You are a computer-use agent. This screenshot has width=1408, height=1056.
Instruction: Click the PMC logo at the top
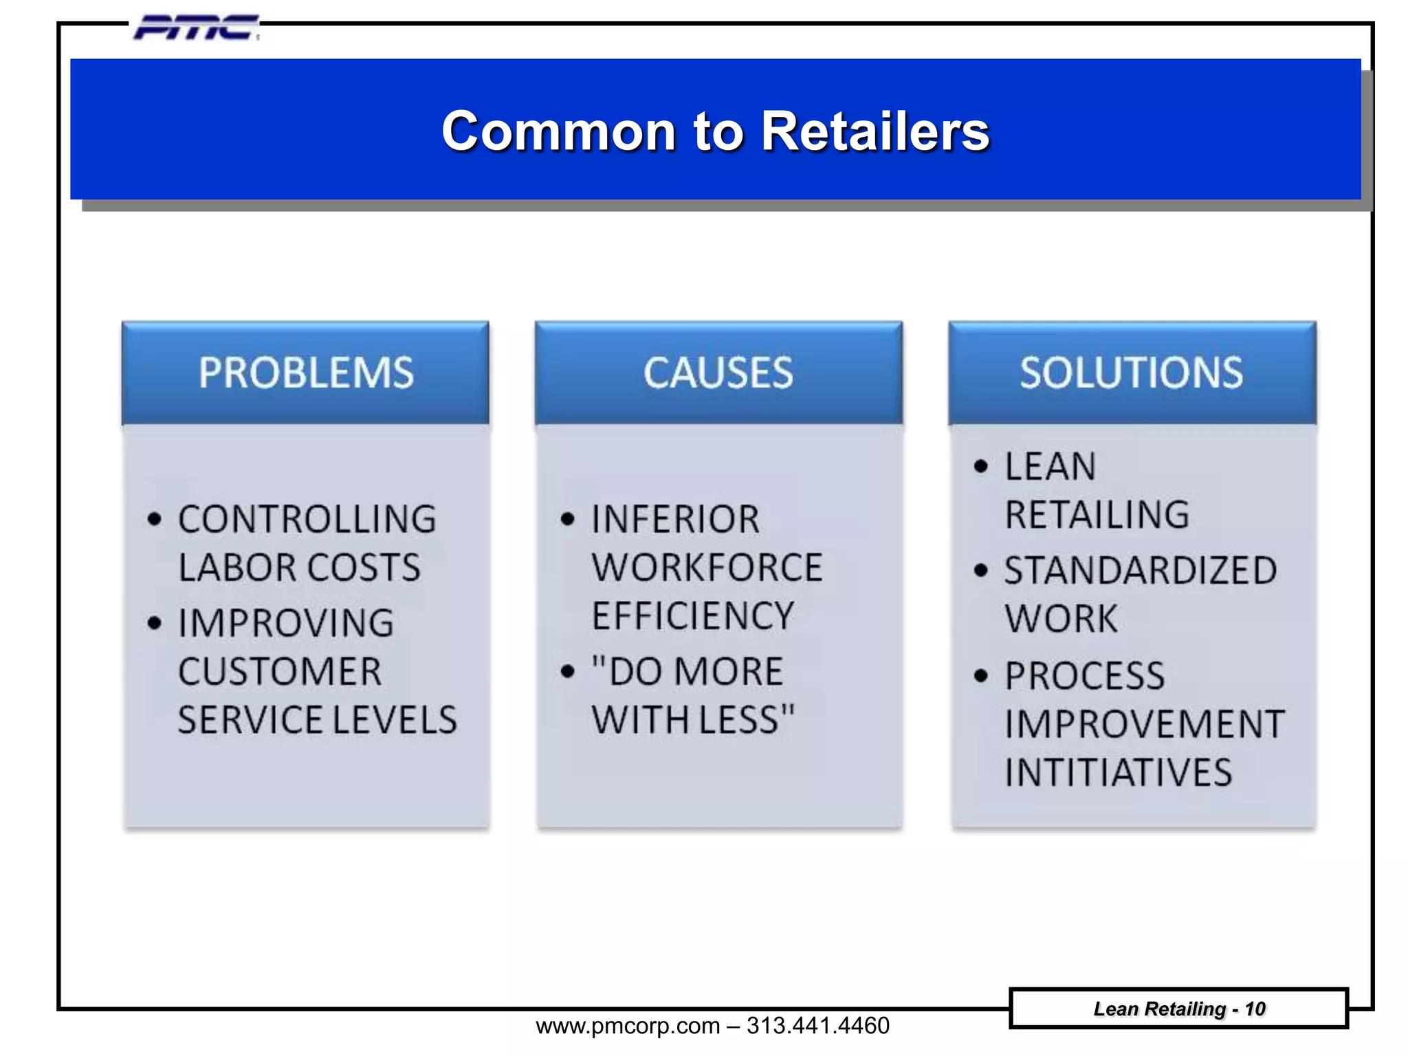196,28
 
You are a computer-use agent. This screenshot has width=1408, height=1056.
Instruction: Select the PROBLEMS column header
306,373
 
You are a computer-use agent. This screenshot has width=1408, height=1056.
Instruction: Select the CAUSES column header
718,373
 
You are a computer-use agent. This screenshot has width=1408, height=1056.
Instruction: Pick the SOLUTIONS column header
1132,373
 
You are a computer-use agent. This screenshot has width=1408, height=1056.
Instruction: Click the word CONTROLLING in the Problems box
307,519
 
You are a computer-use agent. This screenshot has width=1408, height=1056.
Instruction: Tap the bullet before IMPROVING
155,623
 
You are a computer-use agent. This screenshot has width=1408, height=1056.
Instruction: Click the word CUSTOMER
280,672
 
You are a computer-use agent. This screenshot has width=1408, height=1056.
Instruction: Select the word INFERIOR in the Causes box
676,519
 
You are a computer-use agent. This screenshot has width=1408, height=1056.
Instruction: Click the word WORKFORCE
707,568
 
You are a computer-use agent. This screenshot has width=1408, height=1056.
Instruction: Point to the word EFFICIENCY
693,616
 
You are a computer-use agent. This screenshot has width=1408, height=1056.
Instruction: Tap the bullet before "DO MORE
567,671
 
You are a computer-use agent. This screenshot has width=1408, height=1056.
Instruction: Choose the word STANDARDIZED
1141,571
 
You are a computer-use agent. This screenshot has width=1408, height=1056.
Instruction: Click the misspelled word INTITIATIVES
1119,773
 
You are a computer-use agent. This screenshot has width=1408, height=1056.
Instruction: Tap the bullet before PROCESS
981,676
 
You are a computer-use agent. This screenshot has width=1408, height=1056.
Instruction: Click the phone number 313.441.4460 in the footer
817,1026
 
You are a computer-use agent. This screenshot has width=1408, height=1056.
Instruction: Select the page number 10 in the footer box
1255,1009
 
